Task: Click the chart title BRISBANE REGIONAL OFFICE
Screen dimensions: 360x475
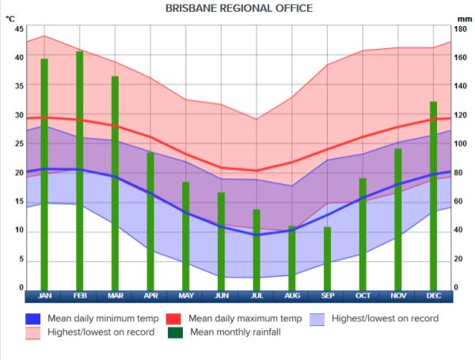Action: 238,8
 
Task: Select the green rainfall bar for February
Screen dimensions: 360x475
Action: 80,170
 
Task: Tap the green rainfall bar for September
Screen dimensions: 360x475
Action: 327,258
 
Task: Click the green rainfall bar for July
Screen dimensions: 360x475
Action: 256,249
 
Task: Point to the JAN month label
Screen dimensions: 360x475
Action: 44,296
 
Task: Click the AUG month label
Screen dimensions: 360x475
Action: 292,296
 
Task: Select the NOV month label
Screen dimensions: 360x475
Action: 398,296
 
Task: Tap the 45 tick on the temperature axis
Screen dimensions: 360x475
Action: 19,29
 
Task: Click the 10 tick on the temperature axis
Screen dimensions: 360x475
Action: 19,231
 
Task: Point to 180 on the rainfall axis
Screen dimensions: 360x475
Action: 459,29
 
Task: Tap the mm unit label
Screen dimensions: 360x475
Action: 464,17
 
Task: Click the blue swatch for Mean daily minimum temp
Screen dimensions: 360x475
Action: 32,319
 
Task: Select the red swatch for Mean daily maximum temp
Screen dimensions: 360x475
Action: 173,319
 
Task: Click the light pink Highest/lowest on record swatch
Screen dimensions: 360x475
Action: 32,333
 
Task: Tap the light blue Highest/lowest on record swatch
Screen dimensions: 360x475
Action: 317,319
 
